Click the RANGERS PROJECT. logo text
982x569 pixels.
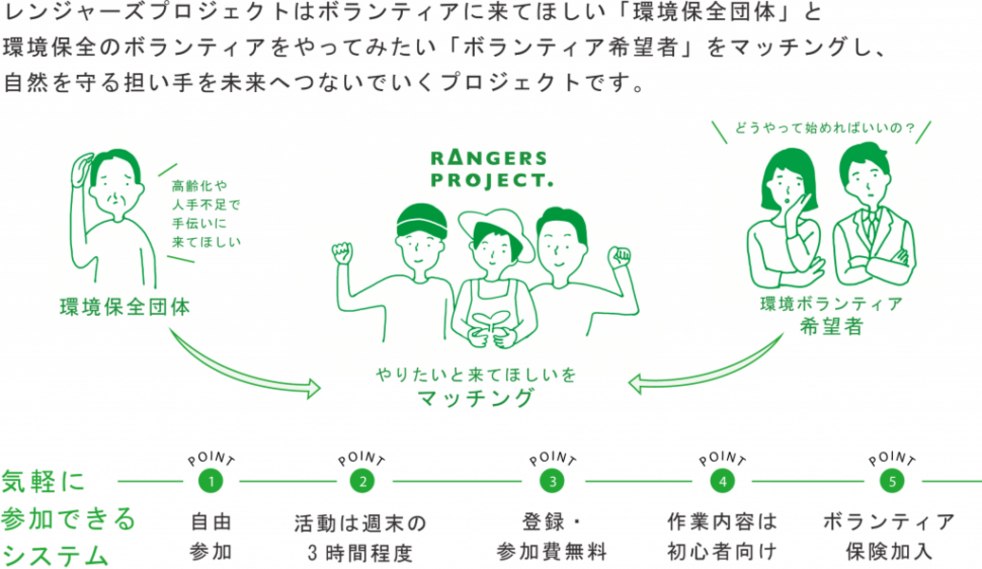(x=489, y=168)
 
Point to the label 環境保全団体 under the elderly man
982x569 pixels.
(x=124, y=308)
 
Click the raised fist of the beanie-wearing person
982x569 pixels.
(x=342, y=253)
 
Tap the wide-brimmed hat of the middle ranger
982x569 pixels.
(x=491, y=224)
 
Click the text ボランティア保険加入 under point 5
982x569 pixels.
(x=889, y=537)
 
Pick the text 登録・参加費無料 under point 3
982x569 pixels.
(x=552, y=537)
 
